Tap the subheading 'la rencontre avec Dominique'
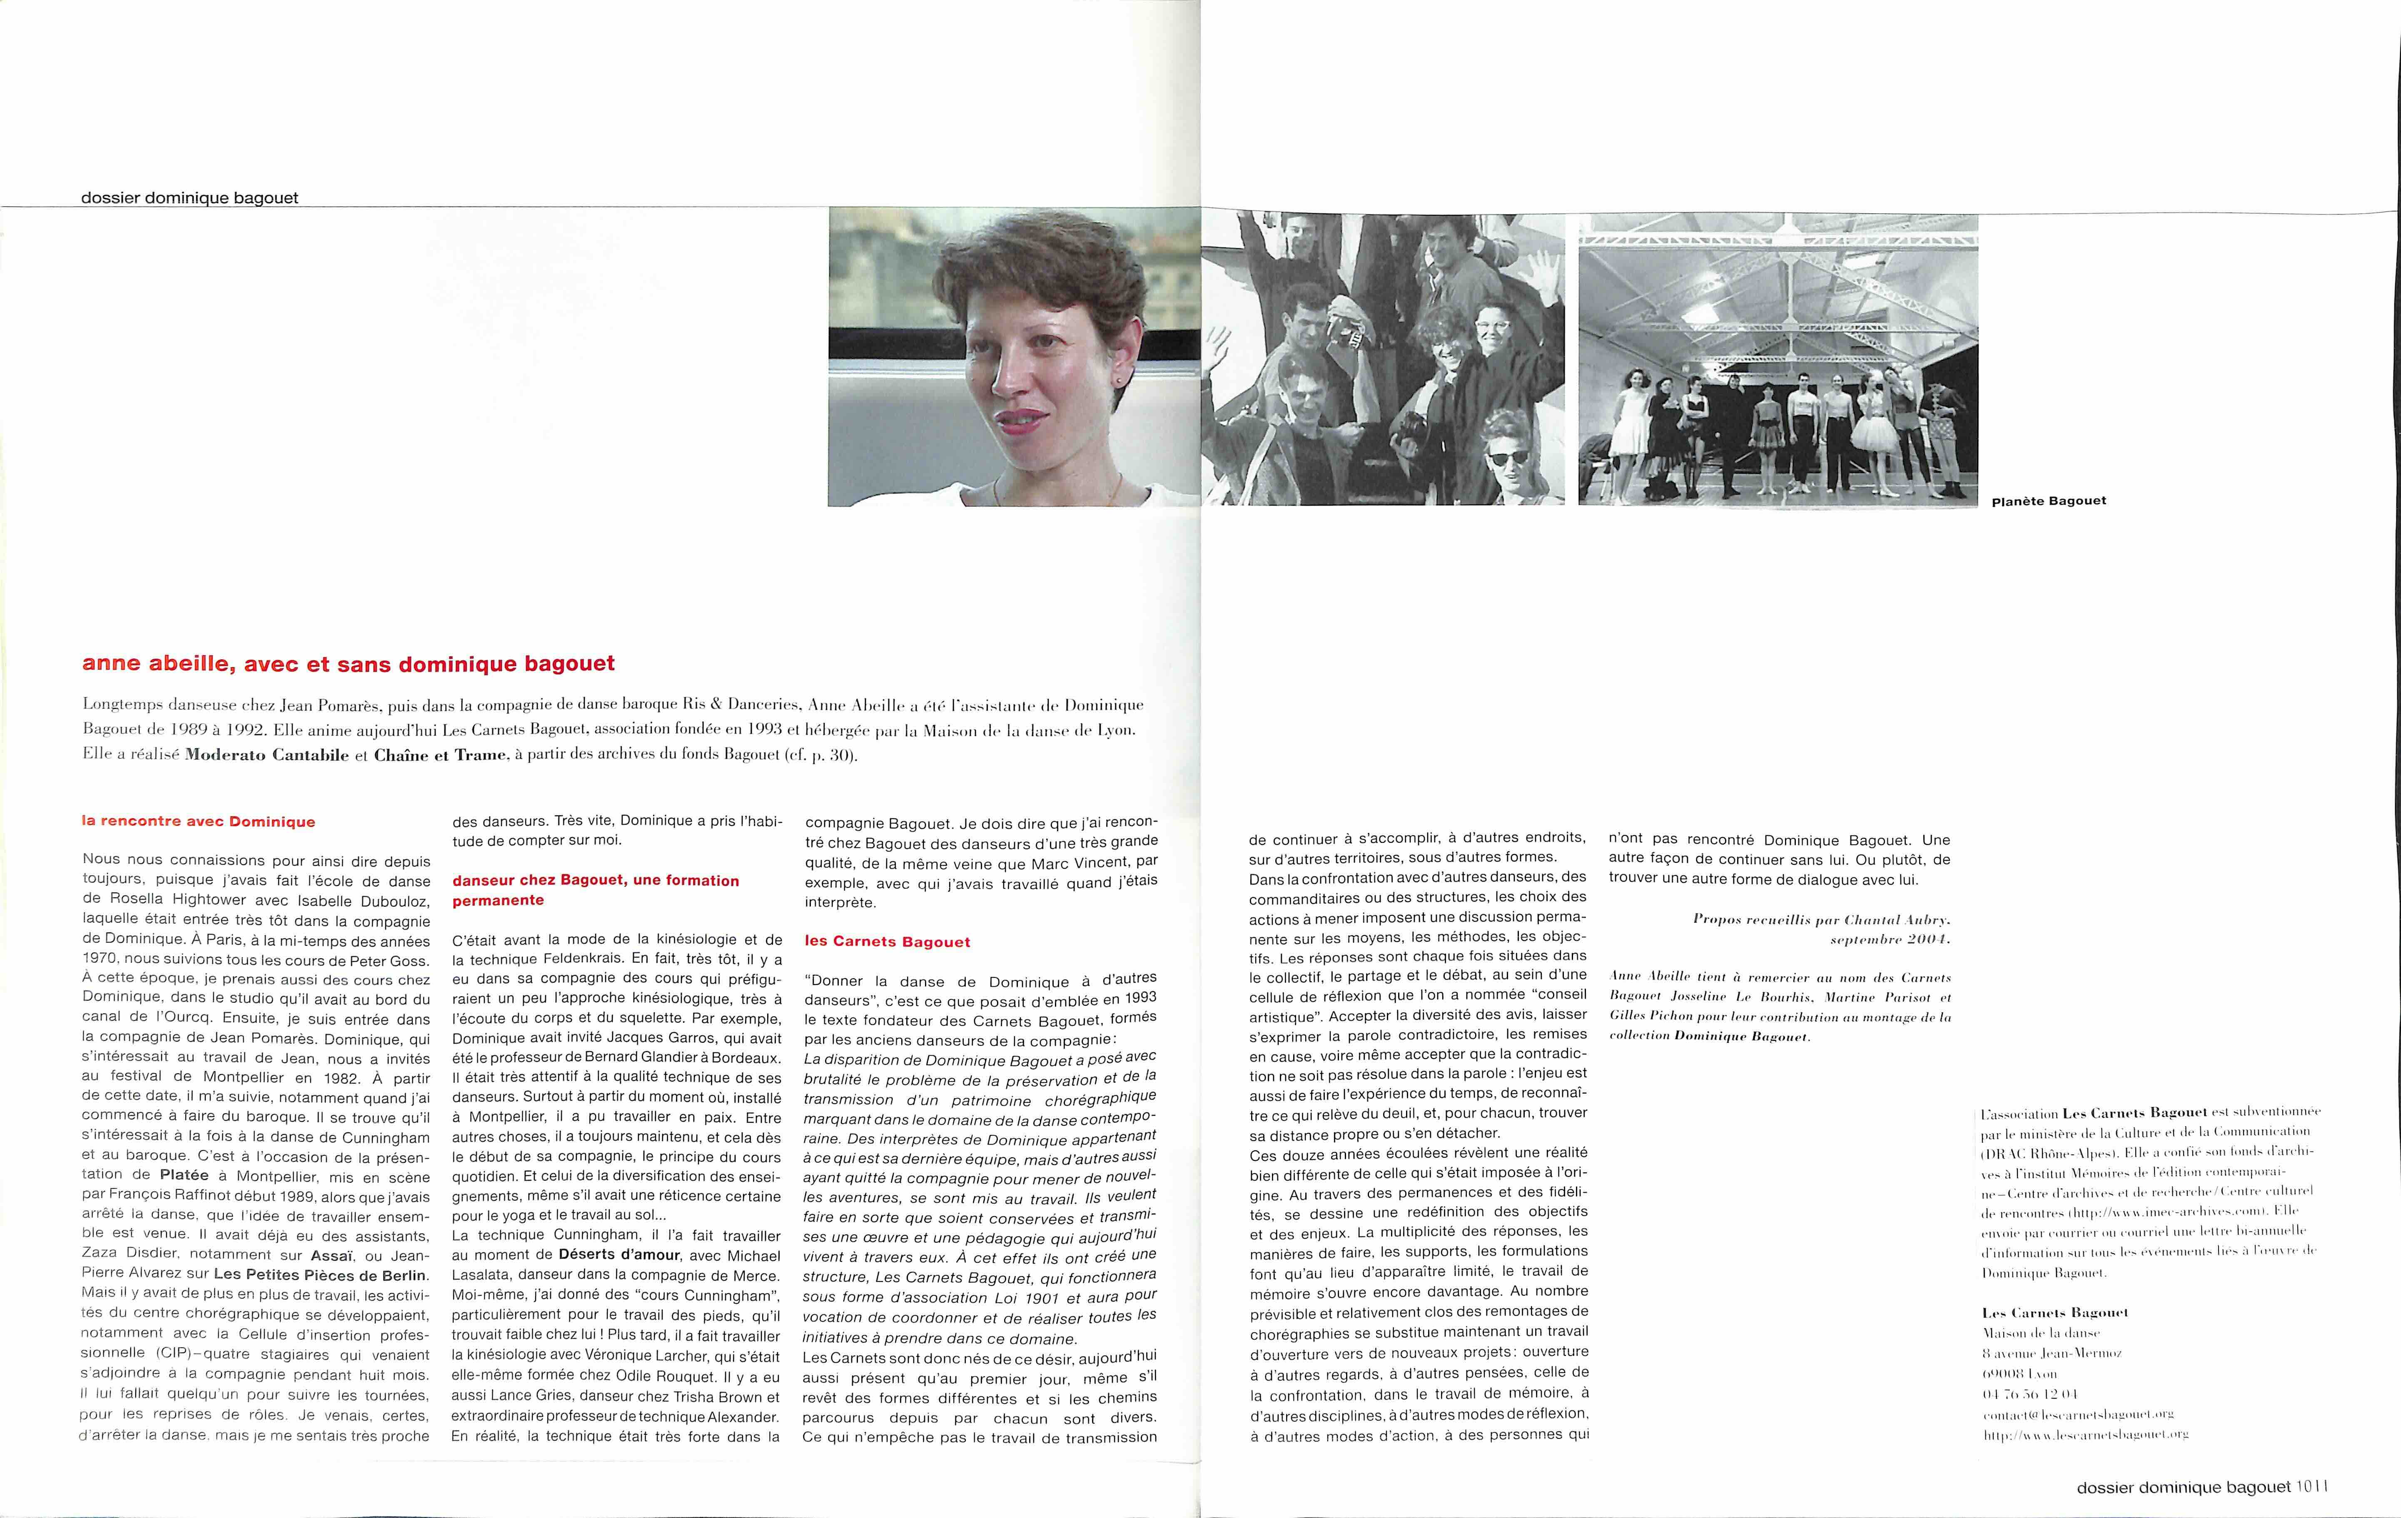tap(198, 822)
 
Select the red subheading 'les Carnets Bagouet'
tap(888, 942)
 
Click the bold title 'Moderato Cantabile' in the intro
tap(267, 755)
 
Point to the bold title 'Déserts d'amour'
tap(619, 1255)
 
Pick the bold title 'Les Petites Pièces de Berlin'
tap(320, 1275)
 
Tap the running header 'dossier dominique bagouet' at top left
tap(189, 197)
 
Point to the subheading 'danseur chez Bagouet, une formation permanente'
tap(595, 890)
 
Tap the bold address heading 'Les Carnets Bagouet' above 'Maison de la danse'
tap(2054, 1313)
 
